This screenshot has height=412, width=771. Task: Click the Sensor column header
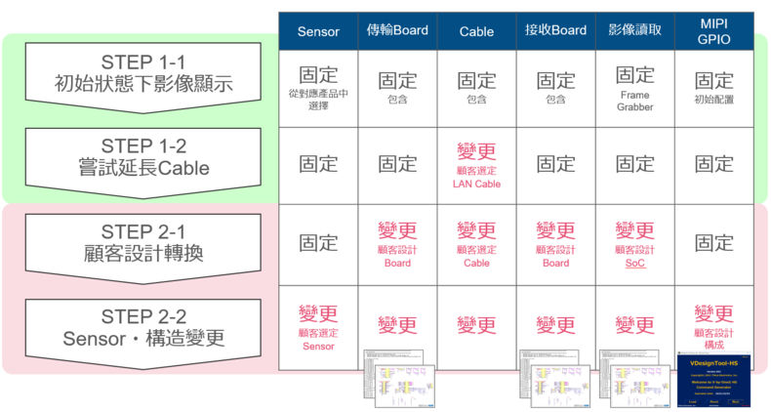(318, 31)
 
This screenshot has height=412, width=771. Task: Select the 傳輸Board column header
(397, 31)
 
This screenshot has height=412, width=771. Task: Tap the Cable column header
(476, 31)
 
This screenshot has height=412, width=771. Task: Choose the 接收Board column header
(555, 31)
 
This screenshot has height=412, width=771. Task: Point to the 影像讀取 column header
(634, 31)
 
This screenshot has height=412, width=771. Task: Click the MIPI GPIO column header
(713, 30)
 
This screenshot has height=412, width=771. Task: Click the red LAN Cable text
(476, 184)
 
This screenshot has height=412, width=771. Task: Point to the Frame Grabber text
(634, 102)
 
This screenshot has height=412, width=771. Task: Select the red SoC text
(634, 264)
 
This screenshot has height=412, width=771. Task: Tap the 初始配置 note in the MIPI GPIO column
(713, 100)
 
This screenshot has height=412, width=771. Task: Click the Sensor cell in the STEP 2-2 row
(318, 324)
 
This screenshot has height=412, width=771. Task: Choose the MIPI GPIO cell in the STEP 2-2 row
(713, 324)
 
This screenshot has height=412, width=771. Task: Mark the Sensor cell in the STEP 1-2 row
(318, 164)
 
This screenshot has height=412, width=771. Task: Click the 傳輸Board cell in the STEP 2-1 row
(397, 242)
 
